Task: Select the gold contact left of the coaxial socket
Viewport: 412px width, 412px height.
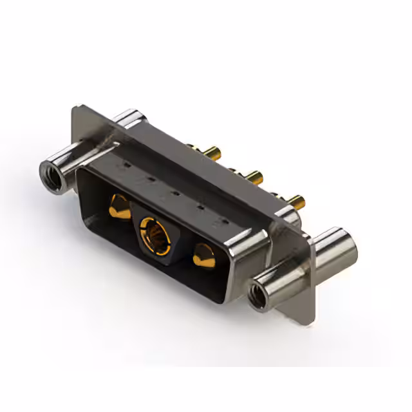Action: [x=118, y=206]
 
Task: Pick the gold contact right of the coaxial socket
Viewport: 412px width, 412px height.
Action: [x=203, y=256]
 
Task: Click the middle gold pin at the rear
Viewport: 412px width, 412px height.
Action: [x=254, y=175]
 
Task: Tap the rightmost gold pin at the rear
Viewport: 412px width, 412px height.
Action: [x=295, y=199]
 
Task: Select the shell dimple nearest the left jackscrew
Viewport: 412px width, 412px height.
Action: [x=126, y=165]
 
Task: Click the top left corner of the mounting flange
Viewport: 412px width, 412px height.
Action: [x=76, y=113]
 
